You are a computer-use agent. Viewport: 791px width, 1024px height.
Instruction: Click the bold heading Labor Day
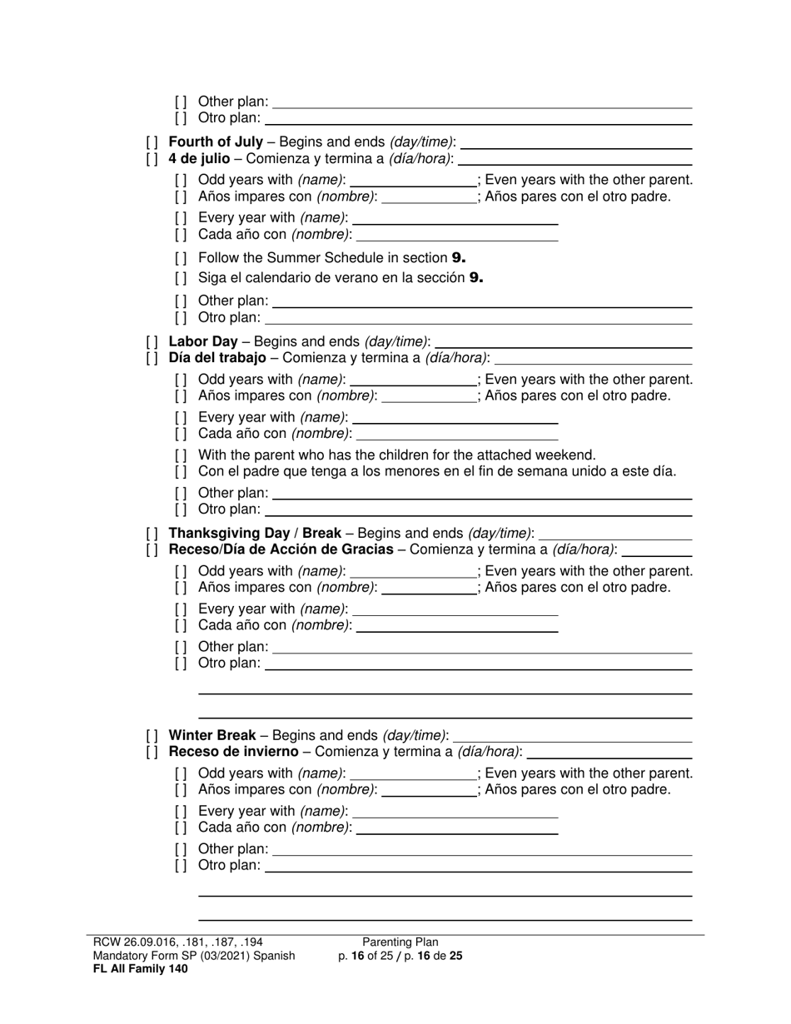coord(202,341)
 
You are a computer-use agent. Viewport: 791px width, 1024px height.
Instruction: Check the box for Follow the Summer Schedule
coord(181,258)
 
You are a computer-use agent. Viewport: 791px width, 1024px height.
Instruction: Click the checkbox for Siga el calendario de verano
coord(181,278)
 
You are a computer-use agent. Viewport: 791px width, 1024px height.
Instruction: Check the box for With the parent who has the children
coord(181,455)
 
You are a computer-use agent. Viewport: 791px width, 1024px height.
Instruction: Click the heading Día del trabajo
coord(216,358)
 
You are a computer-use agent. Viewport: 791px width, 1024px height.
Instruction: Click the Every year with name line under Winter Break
coord(455,816)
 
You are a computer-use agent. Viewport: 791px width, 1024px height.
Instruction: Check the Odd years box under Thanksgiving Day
coord(181,572)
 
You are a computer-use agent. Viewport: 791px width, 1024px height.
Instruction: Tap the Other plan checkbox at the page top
coord(181,102)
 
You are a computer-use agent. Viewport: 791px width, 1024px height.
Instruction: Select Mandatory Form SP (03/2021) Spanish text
coord(194,956)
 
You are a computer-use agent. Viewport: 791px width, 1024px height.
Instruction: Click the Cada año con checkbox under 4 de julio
coord(181,236)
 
